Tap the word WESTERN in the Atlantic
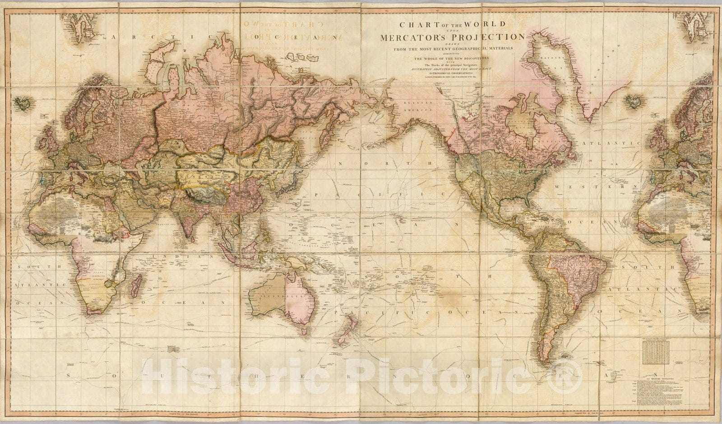619,186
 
